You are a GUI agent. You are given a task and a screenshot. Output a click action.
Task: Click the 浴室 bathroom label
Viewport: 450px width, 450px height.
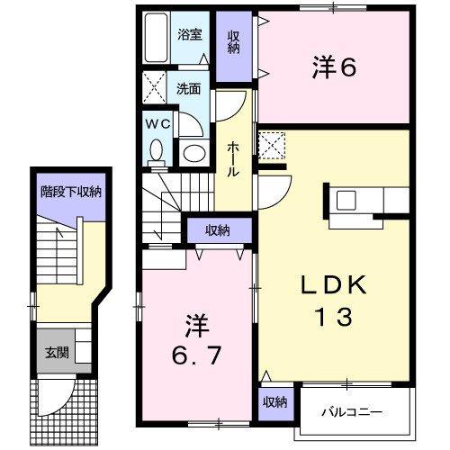tap(190, 35)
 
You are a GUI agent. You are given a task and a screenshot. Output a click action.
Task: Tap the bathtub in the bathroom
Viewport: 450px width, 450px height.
tap(156, 37)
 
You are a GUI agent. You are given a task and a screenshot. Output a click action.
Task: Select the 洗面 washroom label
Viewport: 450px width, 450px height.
tap(188, 89)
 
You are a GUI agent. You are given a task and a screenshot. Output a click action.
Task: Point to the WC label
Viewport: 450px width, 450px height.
tap(157, 124)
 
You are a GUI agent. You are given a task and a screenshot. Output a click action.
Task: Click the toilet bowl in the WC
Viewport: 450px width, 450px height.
tap(157, 153)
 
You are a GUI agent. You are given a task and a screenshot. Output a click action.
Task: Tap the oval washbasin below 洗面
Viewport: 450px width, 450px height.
tap(194, 153)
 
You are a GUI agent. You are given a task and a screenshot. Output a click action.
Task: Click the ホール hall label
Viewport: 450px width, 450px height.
tap(233, 159)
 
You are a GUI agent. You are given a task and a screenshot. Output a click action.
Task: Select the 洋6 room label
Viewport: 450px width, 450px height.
tap(334, 67)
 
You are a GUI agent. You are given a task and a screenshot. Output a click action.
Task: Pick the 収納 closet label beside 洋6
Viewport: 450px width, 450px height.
tap(233, 42)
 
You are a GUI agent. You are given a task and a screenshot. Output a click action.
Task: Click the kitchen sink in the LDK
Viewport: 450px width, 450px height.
tap(346, 200)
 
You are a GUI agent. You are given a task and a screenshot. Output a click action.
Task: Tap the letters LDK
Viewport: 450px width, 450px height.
tap(334, 284)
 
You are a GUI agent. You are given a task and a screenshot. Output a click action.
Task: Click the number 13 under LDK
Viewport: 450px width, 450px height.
tap(334, 317)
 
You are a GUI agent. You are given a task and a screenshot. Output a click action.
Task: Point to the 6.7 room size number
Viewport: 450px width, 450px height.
tap(197, 355)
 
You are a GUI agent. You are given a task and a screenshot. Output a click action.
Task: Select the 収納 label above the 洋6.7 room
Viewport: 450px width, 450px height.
tap(218, 230)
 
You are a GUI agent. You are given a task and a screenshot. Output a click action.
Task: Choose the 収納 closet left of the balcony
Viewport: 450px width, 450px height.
tap(275, 402)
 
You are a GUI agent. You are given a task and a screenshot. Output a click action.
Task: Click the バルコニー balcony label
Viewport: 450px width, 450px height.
tap(352, 412)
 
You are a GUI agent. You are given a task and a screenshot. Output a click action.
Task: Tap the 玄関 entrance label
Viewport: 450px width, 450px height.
tap(57, 353)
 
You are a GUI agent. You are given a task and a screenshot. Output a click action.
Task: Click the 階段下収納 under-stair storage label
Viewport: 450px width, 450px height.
tap(71, 192)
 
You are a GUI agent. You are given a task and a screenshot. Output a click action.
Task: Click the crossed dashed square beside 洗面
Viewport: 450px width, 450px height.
tap(154, 87)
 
